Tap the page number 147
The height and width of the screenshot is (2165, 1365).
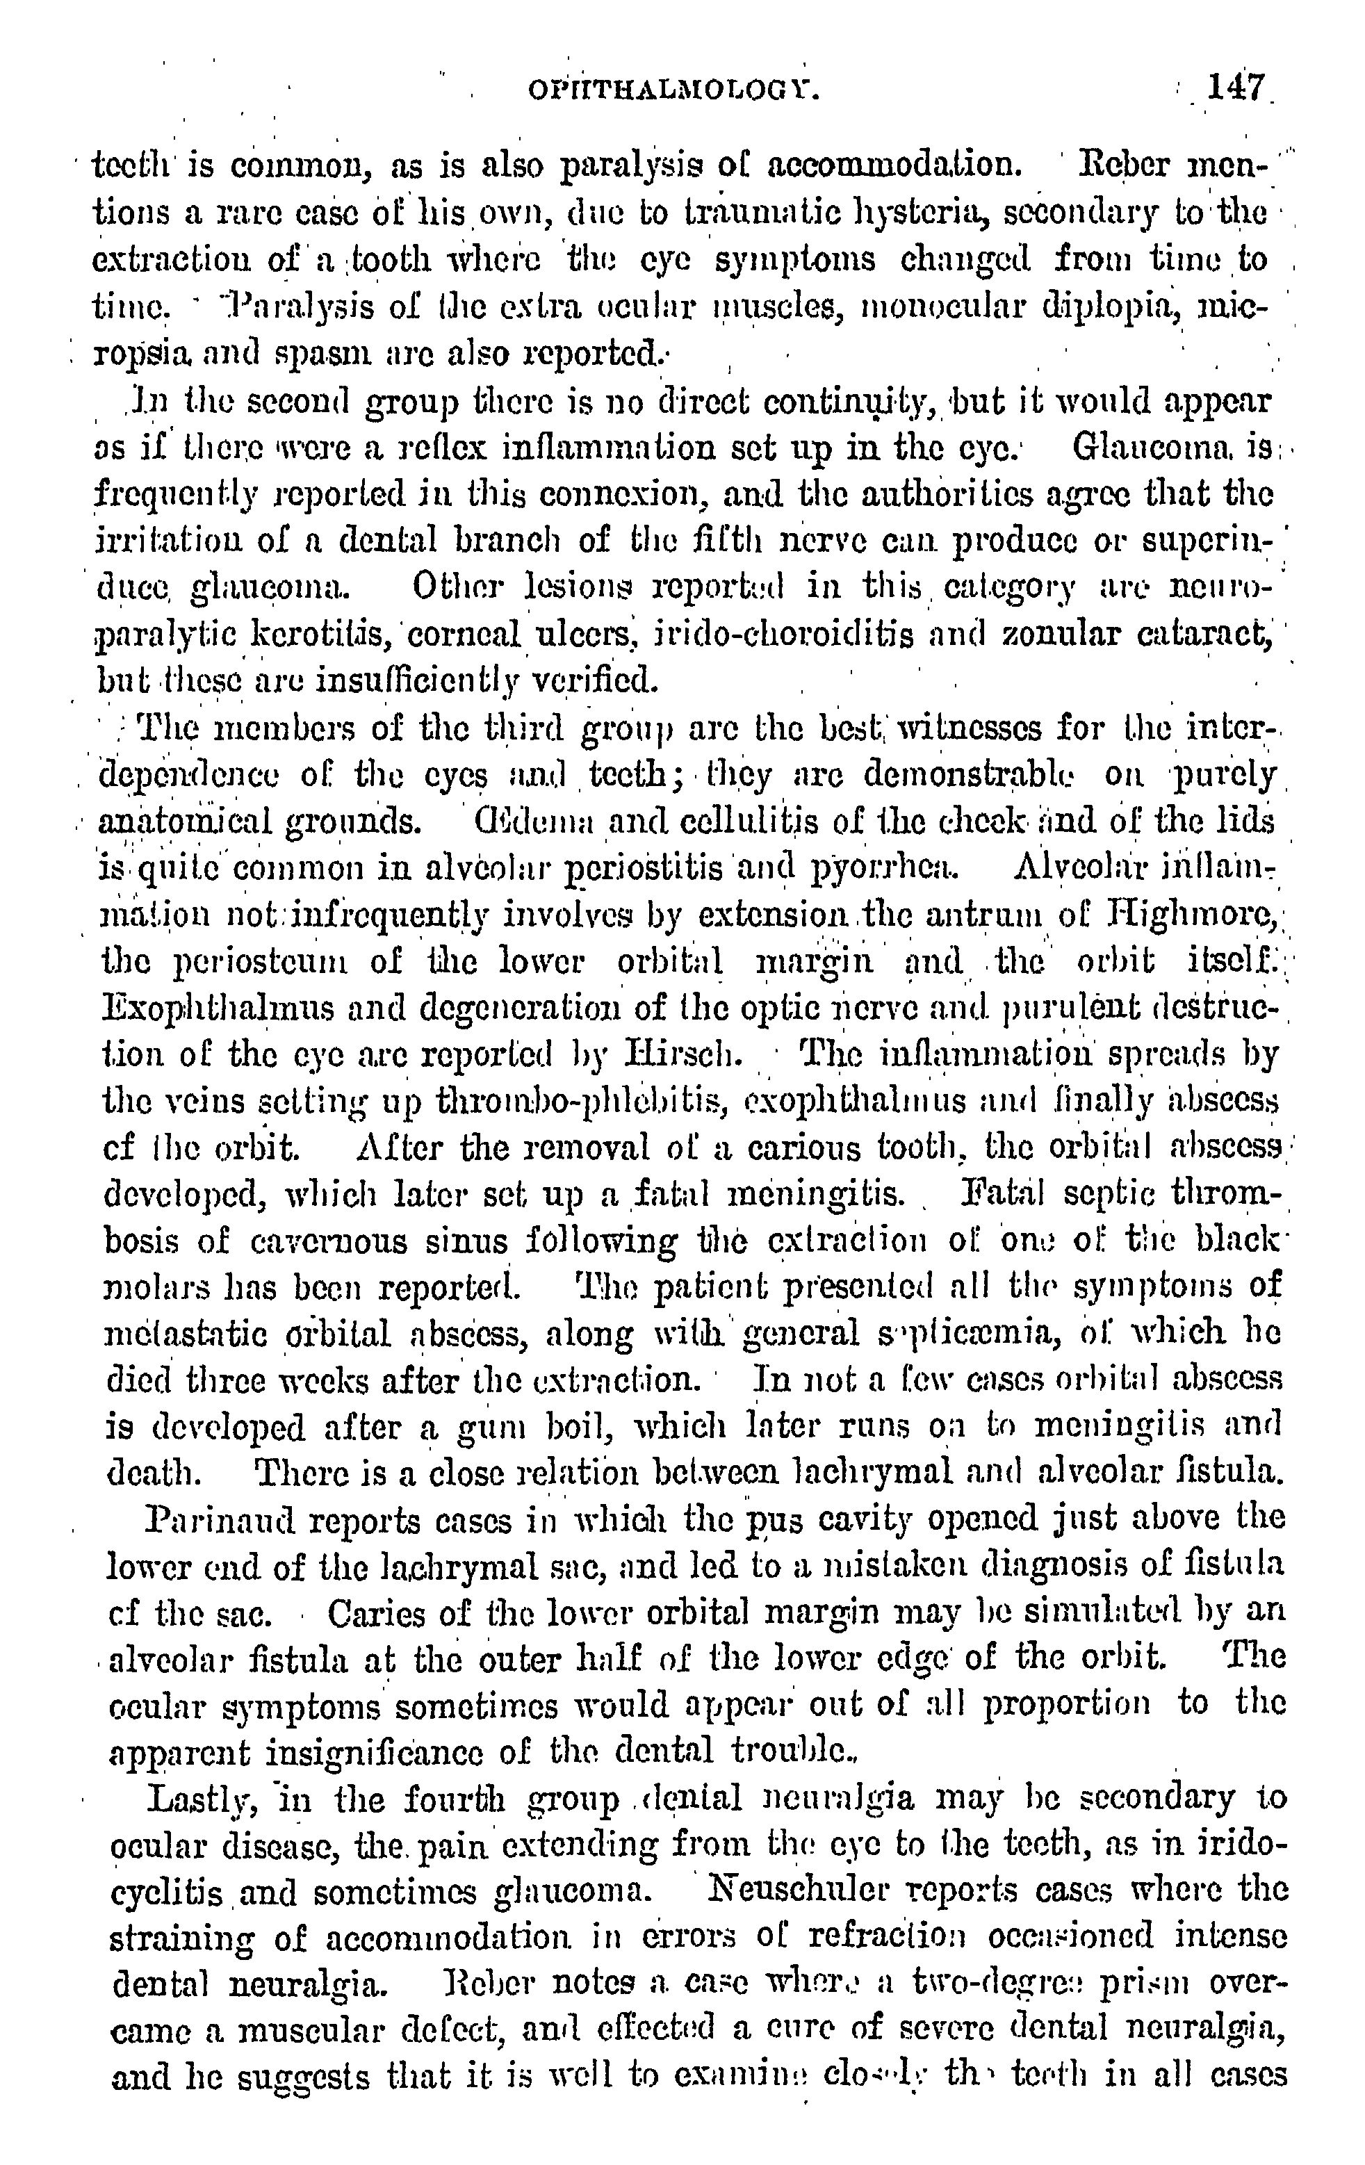coord(1236,88)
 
